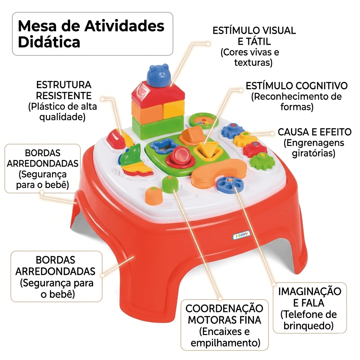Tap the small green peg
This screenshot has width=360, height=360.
click(x=170, y=184)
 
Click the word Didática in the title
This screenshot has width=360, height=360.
click(x=49, y=42)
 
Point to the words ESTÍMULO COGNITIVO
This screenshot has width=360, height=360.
click(x=297, y=86)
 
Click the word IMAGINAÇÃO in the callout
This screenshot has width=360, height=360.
click(x=309, y=291)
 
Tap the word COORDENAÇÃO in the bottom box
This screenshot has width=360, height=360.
click(x=224, y=309)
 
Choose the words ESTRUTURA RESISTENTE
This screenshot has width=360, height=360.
click(x=64, y=90)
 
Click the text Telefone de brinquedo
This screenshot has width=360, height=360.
click(x=309, y=320)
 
